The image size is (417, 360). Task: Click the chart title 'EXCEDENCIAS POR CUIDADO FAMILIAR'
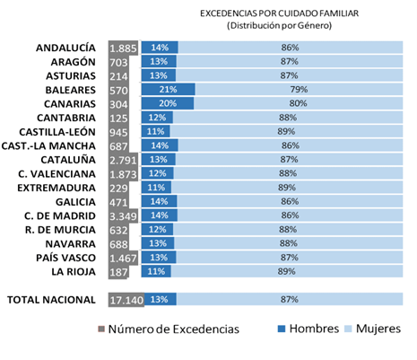pos(279,13)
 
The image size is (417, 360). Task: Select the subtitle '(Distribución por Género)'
pos(279,25)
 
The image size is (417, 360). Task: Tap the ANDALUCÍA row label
pos(65,48)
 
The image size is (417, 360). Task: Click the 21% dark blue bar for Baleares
pos(169,90)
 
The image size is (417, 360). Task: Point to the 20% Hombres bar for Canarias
pos(168,103)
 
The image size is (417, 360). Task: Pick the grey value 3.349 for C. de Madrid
pos(123,216)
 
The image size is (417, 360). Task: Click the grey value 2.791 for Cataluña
pos(123,161)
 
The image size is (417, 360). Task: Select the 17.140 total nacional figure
pos(126,300)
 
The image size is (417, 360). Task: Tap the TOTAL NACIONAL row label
pos(51,300)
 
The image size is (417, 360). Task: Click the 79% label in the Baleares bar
pos(299,90)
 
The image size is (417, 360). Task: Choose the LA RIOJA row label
pos(74,272)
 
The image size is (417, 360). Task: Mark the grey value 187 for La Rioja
pos(118,272)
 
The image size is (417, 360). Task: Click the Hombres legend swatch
pos(282,329)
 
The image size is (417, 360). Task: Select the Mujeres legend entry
pos(378,329)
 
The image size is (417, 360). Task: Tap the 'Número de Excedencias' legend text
pos(174,329)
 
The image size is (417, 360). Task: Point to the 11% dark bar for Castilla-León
pos(155,131)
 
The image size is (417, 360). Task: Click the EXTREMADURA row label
pos(56,188)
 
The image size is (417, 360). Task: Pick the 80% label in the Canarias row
pos(298,103)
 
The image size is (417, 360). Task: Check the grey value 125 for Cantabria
pos(118,119)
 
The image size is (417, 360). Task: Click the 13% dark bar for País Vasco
pos(159,258)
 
